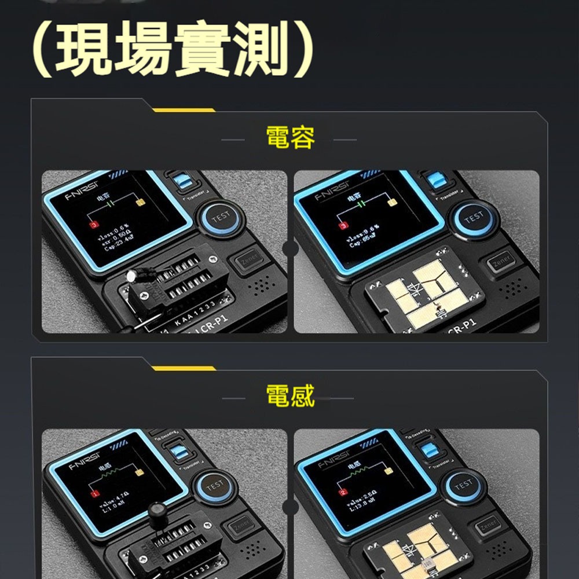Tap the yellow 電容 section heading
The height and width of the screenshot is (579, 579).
290,139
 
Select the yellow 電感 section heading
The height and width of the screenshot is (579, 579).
290,397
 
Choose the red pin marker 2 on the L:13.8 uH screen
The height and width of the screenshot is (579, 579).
343,492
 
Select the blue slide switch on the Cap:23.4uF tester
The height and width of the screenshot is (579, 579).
184,182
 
